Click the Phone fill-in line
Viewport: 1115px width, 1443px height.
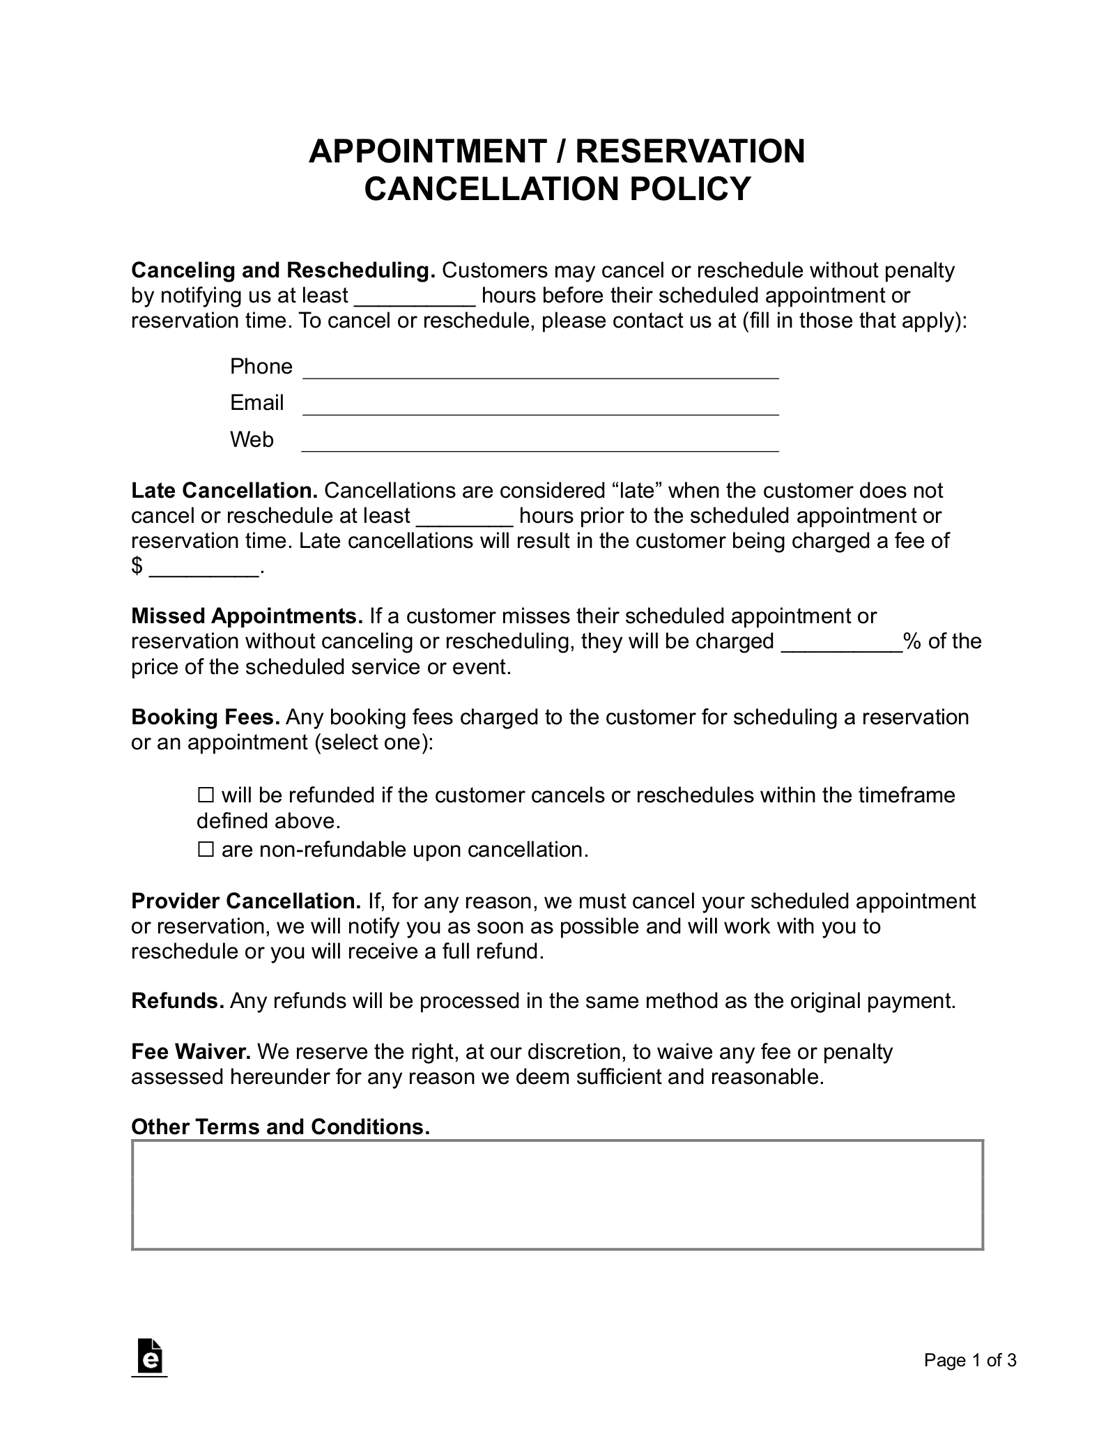click(x=540, y=369)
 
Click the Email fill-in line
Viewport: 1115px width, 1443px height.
click(x=540, y=406)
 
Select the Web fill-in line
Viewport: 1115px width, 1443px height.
click(x=540, y=443)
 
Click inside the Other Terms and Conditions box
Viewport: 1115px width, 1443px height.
click(x=557, y=1195)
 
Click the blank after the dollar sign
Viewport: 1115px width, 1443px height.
click(x=203, y=568)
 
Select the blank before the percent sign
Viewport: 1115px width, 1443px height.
click(x=842, y=643)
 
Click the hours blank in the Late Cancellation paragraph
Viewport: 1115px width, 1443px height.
click(x=465, y=517)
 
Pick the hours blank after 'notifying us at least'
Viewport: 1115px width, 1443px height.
click(x=415, y=297)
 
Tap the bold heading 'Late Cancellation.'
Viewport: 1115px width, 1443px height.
click(x=224, y=491)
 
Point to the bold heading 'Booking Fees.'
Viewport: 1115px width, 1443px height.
click(x=206, y=717)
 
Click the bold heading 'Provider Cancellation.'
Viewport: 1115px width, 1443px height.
click(x=246, y=901)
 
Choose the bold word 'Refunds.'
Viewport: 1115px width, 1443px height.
click(x=178, y=1001)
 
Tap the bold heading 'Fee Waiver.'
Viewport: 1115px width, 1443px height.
click(x=191, y=1051)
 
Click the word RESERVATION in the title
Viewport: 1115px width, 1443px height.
click(x=690, y=151)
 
